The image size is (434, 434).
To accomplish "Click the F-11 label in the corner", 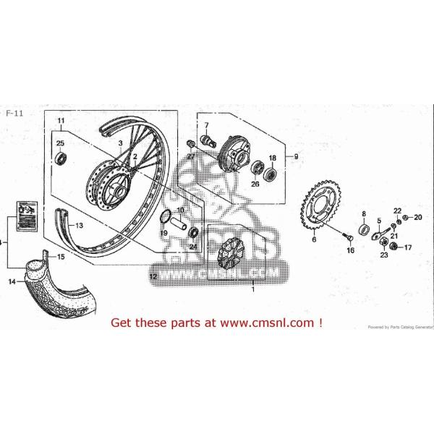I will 12,114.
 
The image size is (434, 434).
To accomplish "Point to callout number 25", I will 61,143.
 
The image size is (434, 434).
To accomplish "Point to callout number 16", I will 350,250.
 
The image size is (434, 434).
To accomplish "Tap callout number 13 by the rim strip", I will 78,226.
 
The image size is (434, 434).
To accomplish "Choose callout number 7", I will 205,126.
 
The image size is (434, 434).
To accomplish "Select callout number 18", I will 273,158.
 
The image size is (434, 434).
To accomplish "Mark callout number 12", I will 153,276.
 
